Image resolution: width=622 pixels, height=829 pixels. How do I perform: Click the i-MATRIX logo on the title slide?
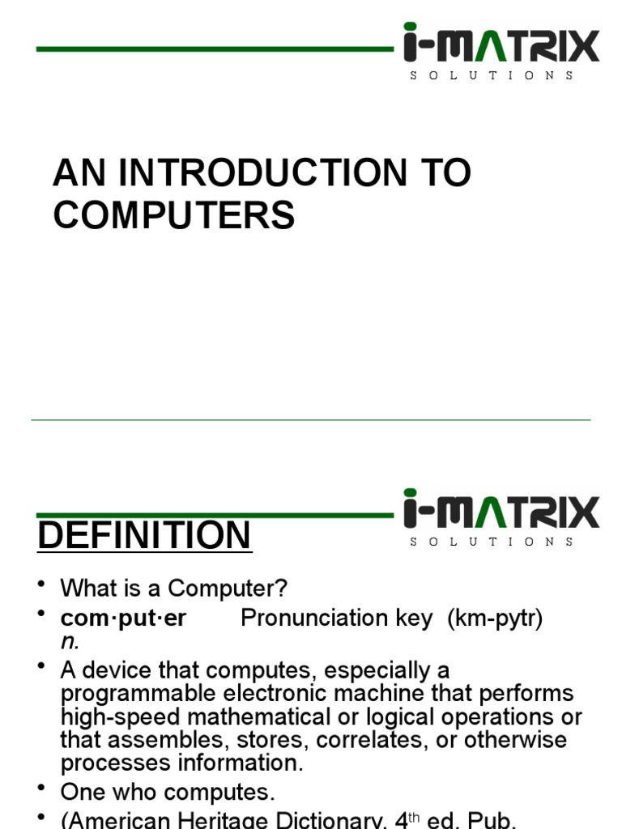pyautogui.click(x=501, y=45)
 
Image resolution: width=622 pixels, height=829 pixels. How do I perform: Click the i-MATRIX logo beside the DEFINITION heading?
pyautogui.click(x=501, y=511)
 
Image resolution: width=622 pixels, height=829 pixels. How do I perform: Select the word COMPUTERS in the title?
pyautogui.click(x=174, y=215)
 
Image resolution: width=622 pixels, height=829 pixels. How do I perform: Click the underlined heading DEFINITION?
pyautogui.click(x=144, y=536)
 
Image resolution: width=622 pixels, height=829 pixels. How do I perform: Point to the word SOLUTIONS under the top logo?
pyautogui.click(x=492, y=75)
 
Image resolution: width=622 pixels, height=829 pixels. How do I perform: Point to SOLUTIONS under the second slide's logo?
pyautogui.click(x=492, y=542)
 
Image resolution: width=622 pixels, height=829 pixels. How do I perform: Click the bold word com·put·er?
pyautogui.click(x=123, y=619)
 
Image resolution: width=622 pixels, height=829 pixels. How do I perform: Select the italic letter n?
pyautogui.click(x=69, y=641)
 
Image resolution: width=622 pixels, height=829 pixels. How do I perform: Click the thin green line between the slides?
pyautogui.click(x=311, y=420)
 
